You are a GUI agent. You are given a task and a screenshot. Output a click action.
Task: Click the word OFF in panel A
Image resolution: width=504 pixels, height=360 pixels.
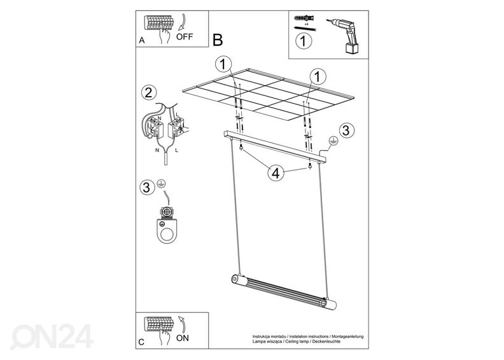[x=185, y=37]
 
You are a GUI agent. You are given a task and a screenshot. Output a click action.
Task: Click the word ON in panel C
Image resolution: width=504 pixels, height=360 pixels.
[x=183, y=338]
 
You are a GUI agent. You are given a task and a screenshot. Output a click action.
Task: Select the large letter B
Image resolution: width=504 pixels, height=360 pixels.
[x=218, y=40]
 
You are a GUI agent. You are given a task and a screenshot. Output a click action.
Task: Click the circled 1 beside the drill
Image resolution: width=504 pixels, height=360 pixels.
[x=303, y=41]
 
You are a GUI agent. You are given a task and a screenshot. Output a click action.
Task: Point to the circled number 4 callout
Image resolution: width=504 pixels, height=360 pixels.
[x=276, y=173]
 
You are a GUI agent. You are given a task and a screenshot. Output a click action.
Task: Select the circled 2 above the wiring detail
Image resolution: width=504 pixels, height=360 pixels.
[x=149, y=93]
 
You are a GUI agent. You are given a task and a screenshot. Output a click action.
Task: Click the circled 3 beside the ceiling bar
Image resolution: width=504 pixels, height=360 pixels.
[x=346, y=130]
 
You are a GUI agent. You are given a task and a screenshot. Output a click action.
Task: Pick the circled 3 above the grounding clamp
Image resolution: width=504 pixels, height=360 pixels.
[x=146, y=187]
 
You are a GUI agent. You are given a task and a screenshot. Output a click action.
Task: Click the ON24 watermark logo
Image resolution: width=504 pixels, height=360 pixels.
[x=52, y=336]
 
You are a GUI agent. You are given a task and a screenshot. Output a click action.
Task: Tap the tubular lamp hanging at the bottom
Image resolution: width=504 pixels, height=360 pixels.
[x=284, y=291]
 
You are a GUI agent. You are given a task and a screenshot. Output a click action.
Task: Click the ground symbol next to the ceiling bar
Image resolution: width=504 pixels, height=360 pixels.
[x=333, y=141]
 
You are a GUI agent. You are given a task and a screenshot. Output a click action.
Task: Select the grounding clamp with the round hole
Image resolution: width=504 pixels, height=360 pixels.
[x=167, y=225]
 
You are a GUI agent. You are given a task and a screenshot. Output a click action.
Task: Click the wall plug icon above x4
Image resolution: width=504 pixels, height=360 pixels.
[x=304, y=18]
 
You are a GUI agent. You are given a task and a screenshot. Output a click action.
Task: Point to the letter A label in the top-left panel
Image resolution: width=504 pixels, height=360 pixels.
[x=142, y=41]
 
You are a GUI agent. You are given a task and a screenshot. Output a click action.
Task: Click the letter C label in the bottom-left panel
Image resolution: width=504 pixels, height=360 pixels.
[x=141, y=342]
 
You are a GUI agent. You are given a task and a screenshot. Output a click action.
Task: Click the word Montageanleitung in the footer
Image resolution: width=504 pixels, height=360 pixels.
[x=348, y=336]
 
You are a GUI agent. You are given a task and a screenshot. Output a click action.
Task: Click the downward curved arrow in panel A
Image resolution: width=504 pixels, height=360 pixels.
[x=183, y=22]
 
